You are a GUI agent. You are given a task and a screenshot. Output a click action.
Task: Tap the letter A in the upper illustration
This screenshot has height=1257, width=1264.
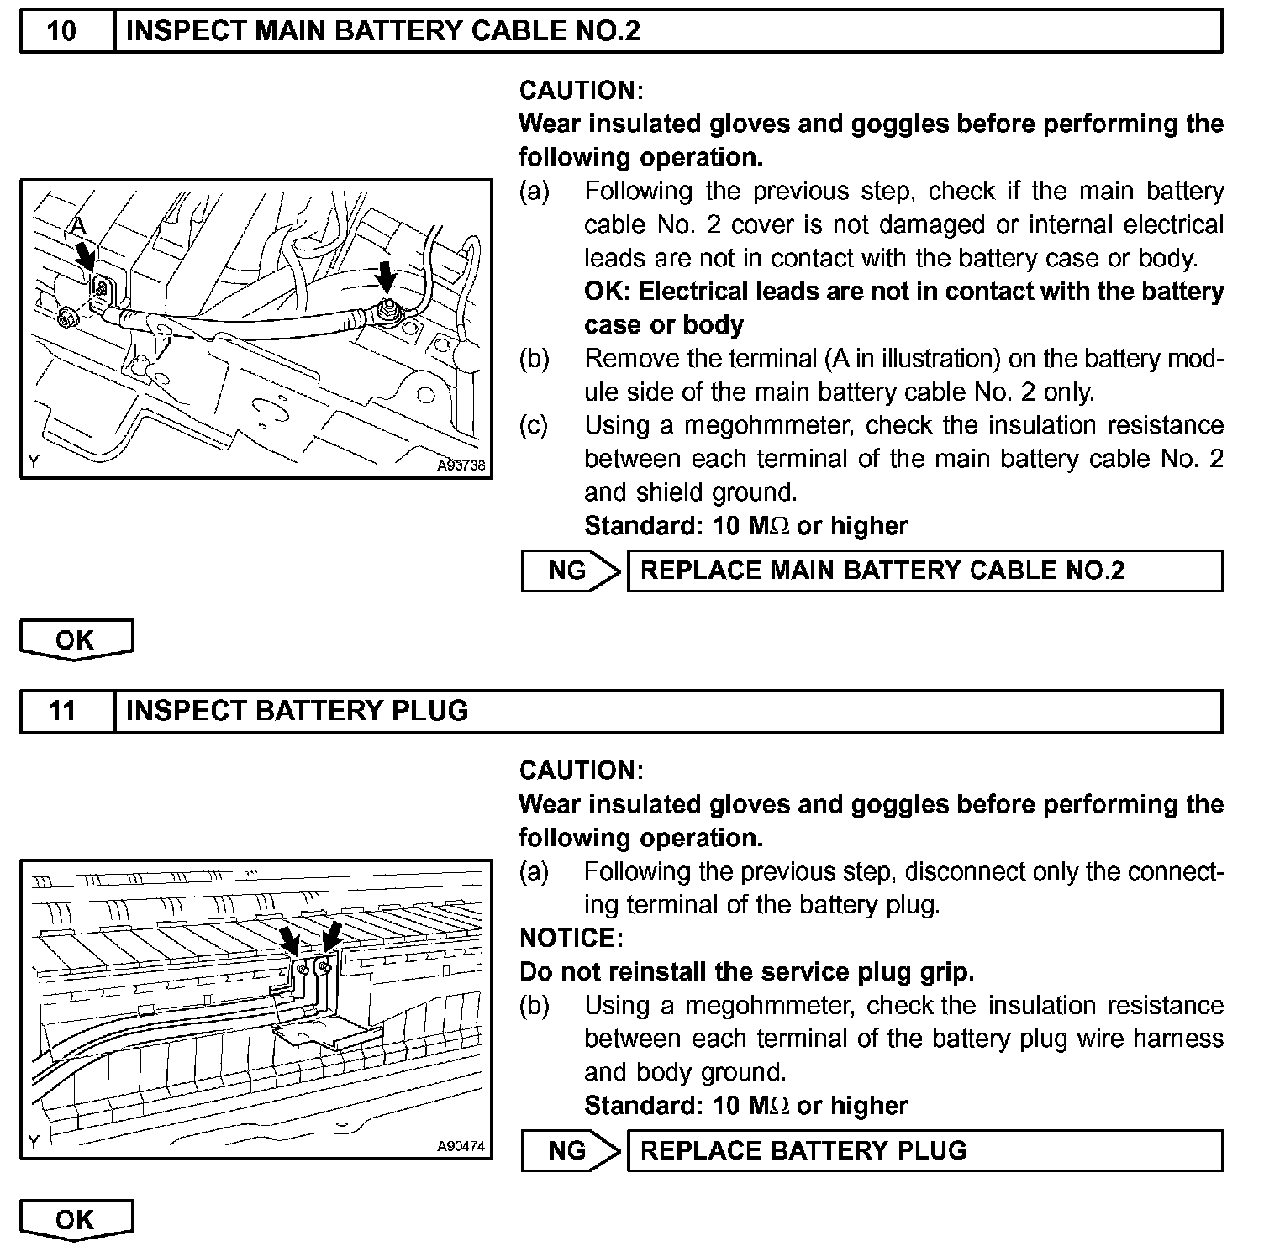pos(77,224)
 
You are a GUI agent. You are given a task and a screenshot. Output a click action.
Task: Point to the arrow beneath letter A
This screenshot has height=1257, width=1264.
pos(85,253)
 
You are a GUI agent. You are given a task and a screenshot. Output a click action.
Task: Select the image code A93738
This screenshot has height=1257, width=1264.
pos(461,465)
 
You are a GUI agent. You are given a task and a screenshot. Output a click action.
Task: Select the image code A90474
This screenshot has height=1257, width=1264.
pos(461,1146)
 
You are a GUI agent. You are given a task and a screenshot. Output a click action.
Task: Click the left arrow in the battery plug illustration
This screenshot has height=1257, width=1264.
pos(289,939)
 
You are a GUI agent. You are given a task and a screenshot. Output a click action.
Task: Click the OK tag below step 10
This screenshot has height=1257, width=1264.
pos(76,640)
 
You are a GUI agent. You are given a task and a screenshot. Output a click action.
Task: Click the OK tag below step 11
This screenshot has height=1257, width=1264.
pos(76,1220)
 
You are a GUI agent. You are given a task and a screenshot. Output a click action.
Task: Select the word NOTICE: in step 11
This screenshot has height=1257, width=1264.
pos(571,938)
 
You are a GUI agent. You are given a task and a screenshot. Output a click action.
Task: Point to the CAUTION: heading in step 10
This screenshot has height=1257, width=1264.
pos(581,91)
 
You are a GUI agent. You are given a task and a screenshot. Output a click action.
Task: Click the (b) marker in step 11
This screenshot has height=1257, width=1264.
pos(534,1005)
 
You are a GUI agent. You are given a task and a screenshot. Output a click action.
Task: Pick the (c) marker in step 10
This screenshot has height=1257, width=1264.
pos(534,425)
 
